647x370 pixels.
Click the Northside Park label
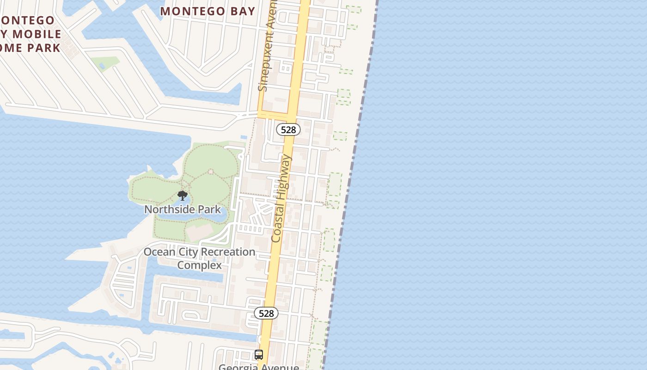point(183,210)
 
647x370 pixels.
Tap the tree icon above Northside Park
point(183,195)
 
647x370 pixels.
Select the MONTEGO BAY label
point(208,11)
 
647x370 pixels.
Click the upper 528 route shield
point(288,129)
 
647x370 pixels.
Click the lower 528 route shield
point(266,313)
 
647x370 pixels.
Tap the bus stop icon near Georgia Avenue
point(259,355)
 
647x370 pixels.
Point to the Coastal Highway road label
point(282,198)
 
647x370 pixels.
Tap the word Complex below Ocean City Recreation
point(199,265)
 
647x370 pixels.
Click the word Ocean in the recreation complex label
point(159,252)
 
